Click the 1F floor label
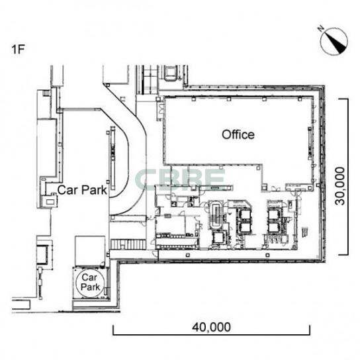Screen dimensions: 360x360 coord(18,50)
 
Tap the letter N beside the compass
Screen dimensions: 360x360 coord(321,28)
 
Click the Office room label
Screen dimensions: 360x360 coord(238,134)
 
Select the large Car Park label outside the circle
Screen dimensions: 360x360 coord(82,190)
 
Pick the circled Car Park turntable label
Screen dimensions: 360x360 coord(90,282)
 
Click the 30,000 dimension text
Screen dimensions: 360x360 coord(339,186)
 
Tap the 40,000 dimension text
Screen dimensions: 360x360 coord(211,327)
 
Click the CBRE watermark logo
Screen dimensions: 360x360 coord(180,180)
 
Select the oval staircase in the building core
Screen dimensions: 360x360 coord(216,215)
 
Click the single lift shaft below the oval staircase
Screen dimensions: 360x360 coord(218,238)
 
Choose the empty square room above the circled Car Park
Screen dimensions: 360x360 coord(90,251)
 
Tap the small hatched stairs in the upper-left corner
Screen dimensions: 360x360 coord(46,93)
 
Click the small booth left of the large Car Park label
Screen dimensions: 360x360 coord(50,202)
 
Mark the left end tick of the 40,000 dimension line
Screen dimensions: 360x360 coord(113,330)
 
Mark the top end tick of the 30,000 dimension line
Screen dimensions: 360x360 coord(343,99)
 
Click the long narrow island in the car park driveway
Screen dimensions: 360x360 coord(112,158)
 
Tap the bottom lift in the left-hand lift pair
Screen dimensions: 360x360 coord(244,227)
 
